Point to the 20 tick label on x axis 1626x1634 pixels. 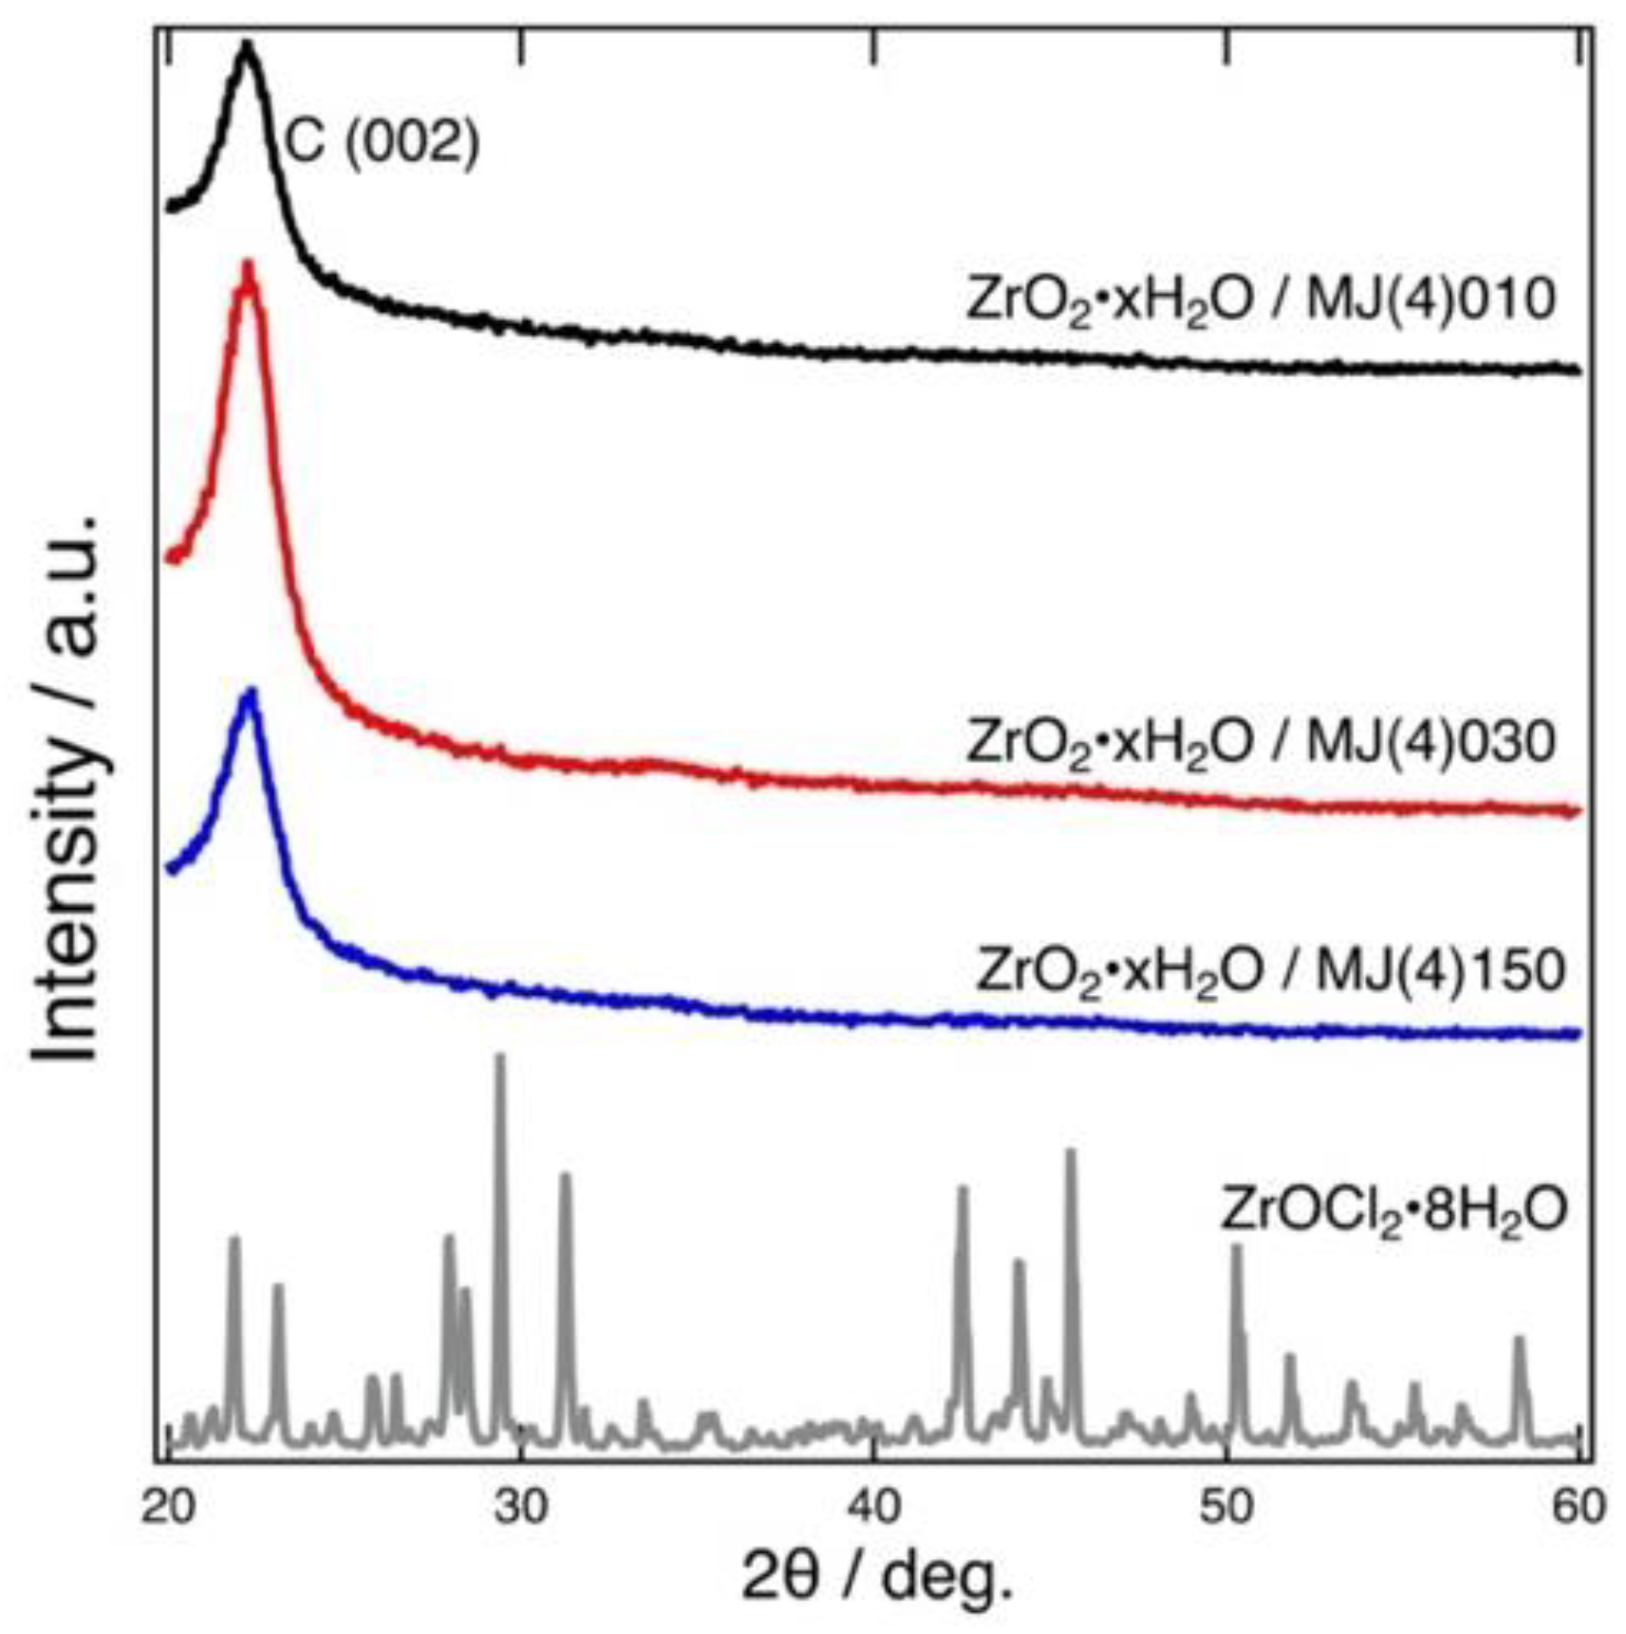[167, 1507]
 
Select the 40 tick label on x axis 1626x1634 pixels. [873, 1507]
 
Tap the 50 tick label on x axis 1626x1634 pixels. [1225, 1507]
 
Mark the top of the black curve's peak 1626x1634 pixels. [247, 44]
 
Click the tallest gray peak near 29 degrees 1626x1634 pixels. [499, 1056]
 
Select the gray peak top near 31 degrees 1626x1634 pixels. [566, 1176]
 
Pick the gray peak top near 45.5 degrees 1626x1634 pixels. [1071, 1152]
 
